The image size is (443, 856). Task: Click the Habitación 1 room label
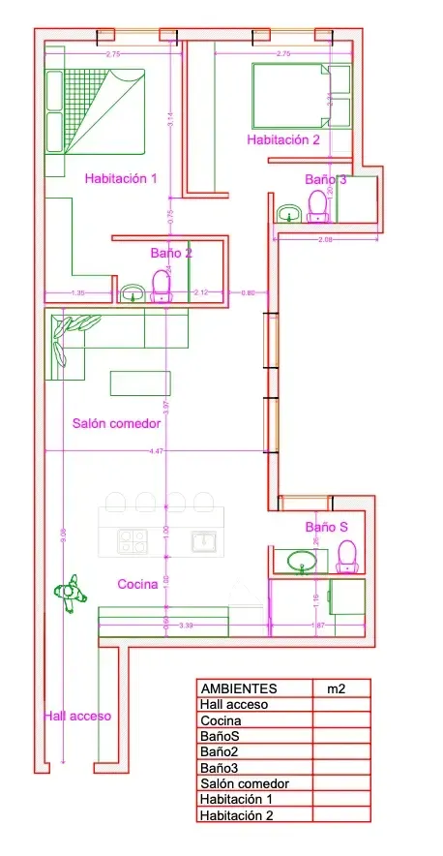pos(121,178)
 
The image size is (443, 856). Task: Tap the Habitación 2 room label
pos(283,139)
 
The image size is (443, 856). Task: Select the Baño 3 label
pos(326,179)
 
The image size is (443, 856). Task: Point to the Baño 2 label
pos(171,253)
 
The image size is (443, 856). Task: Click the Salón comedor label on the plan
pos(116,423)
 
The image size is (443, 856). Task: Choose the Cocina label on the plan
pos(138,584)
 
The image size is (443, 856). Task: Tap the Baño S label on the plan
pos(326,527)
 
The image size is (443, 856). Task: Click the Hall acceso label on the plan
pos(77,717)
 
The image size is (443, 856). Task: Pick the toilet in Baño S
pos(346,556)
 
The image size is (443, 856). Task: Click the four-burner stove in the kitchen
pos(132,540)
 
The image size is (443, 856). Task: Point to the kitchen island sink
pos(204,540)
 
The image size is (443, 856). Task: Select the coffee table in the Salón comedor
pos(140,382)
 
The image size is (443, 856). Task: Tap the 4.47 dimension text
pos(157,451)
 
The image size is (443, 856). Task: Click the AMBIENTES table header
pos(237,688)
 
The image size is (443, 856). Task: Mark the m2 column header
pos(336,688)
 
